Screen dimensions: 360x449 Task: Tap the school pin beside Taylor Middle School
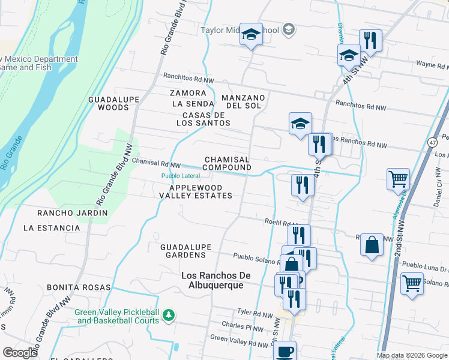(252, 35)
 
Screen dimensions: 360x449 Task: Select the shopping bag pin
(372, 245)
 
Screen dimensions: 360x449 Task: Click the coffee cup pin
(286, 351)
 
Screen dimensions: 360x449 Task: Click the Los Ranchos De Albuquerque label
(213, 280)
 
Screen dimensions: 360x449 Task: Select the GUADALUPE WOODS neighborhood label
(109, 103)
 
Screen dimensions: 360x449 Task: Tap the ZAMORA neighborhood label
(188, 93)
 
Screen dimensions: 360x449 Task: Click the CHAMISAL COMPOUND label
(227, 163)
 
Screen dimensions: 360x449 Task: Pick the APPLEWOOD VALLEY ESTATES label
(196, 191)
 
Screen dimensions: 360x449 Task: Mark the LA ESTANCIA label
(52, 228)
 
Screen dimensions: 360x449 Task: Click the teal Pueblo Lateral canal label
(180, 176)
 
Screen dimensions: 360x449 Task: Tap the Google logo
(20, 352)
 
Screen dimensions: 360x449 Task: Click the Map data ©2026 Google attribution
(411, 355)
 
